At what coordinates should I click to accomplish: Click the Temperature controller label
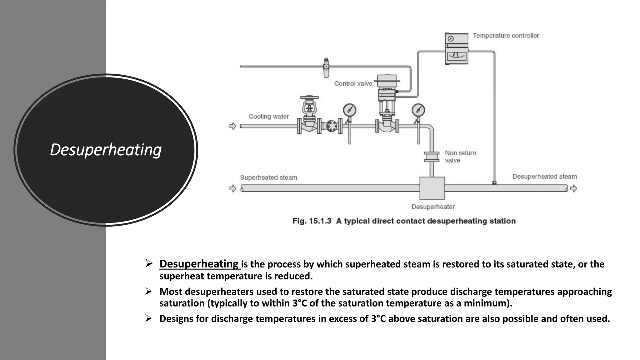coord(506,36)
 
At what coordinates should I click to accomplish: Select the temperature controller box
coord(457,49)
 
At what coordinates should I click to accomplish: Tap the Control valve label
coord(353,83)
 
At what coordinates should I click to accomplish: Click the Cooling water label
coord(268,116)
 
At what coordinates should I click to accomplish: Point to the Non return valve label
coord(460,157)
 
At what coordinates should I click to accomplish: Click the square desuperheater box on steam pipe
coord(432,188)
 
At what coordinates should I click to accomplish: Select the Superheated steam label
coord(268,177)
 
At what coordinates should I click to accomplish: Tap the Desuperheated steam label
coord(544,177)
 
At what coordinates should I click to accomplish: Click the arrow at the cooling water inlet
coord(232,126)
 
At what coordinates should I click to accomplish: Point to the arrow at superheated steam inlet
coord(232,188)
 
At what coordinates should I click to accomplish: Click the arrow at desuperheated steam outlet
coord(573,188)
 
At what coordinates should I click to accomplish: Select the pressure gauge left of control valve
coord(349,110)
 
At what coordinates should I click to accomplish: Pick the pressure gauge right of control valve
coord(418,110)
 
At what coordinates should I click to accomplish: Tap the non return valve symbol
coord(432,157)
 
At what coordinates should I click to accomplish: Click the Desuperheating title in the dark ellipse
coord(106,150)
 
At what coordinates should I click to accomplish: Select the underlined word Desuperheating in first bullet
coord(199,264)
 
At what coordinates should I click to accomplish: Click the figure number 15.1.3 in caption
coord(320,221)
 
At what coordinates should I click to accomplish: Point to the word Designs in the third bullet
coord(176,319)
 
